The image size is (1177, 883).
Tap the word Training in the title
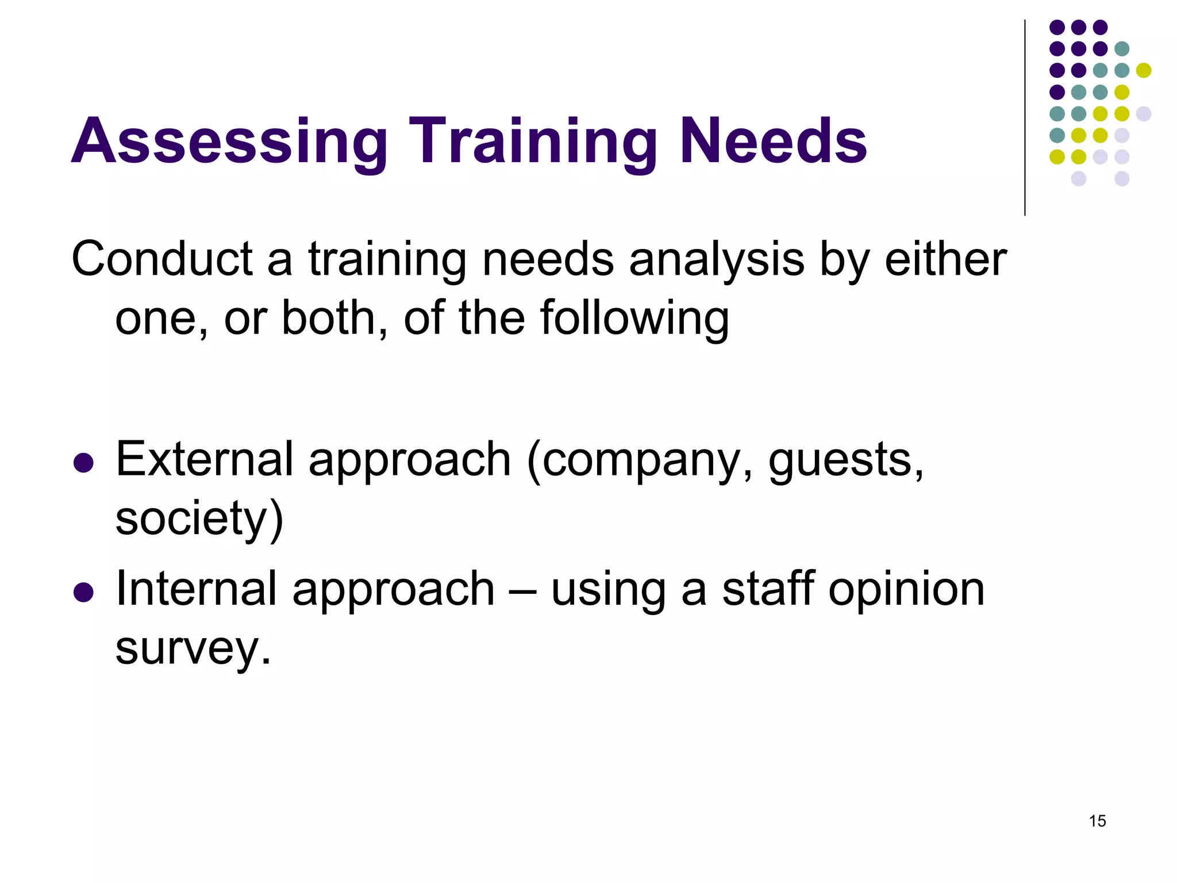coord(533,141)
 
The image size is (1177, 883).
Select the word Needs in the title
coord(773,141)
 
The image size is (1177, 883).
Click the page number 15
coord(1097,821)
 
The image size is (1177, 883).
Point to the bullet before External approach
coord(84,463)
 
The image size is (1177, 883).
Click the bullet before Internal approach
coord(84,592)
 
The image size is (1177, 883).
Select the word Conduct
coord(162,259)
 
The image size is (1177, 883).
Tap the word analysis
coord(717,259)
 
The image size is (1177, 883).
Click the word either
coord(945,259)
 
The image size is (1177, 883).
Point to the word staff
coord(768,589)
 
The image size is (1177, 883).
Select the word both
coord(328,318)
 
